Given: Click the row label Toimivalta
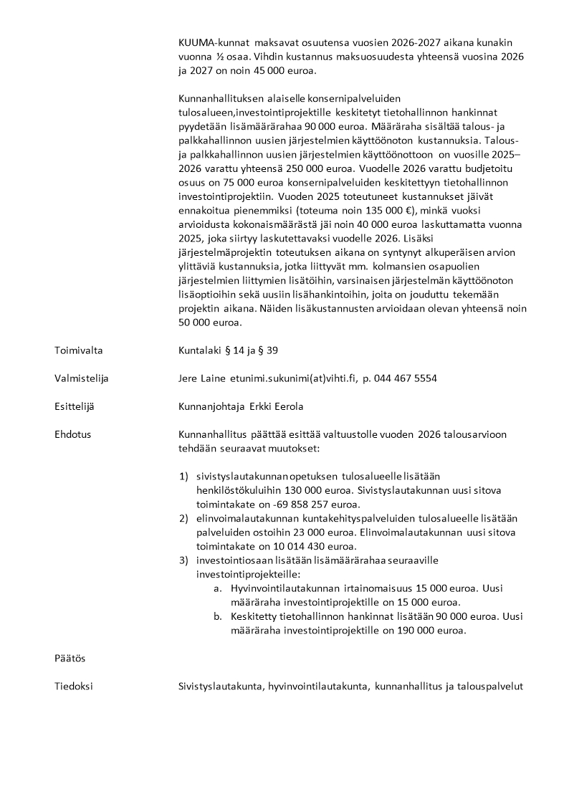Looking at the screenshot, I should coord(79,350).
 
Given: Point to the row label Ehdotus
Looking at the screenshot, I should coord(72,434).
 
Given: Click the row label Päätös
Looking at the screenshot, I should coord(70,658).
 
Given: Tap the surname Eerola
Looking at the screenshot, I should coord(287,406).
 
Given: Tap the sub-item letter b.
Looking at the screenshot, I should coord(218,616).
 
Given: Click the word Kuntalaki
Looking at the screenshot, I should coord(200,350).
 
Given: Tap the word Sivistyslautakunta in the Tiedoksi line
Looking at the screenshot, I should coord(221,686).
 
